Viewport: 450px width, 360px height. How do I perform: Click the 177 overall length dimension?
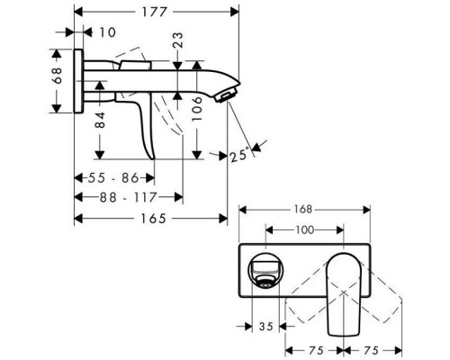(155, 13)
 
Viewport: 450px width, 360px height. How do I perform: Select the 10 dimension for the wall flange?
(107, 32)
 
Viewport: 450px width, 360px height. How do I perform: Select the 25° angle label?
(238, 155)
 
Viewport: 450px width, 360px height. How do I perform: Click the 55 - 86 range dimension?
(118, 178)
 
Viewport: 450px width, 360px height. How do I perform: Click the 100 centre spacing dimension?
(304, 231)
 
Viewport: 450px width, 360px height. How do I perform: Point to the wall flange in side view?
(82, 80)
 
